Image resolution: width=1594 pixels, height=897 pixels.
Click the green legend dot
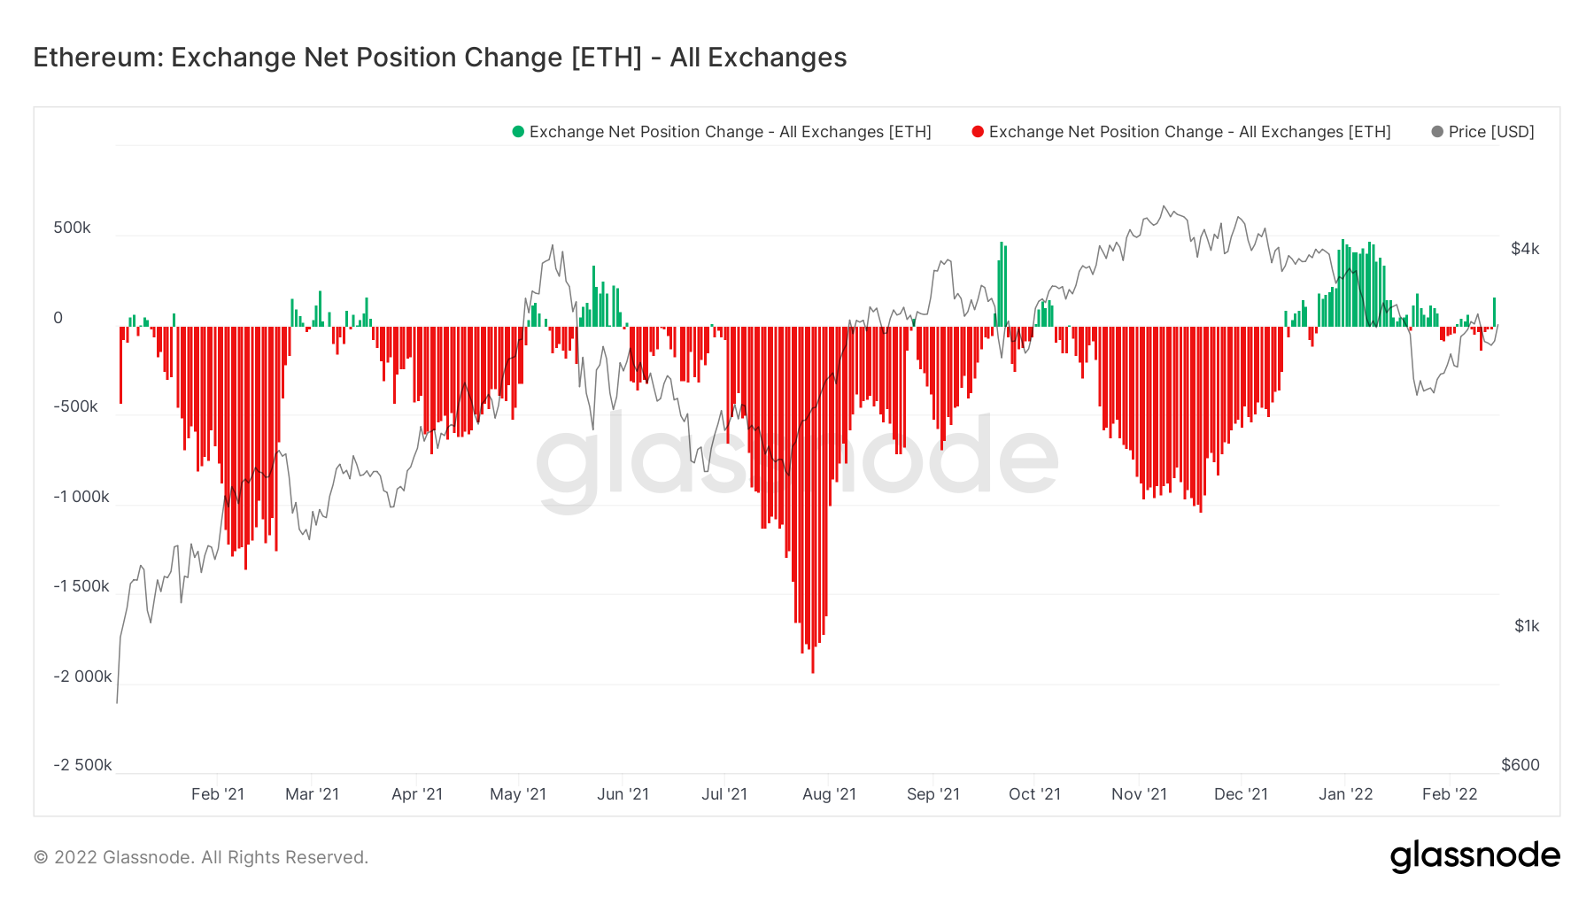pyautogui.click(x=518, y=132)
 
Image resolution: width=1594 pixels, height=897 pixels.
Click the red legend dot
pyautogui.click(x=978, y=132)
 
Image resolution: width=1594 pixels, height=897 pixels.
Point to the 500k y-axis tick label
pyautogui.click(x=72, y=228)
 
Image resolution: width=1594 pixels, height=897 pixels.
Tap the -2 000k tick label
pyautogui.click(x=82, y=677)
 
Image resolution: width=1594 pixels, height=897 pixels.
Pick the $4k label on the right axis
pyautogui.click(x=1525, y=249)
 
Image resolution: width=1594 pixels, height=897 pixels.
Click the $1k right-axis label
pyautogui.click(x=1527, y=626)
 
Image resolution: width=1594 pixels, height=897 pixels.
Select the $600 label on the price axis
pyautogui.click(x=1520, y=765)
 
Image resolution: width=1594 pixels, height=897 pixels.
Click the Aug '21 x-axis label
pyautogui.click(x=829, y=794)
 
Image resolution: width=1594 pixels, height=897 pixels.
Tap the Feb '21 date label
pyautogui.click(x=218, y=794)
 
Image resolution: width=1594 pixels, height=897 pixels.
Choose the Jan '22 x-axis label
pyautogui.click(x=1345, y=794)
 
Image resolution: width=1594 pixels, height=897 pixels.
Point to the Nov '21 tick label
pyautogui.click(x=1139, y=794)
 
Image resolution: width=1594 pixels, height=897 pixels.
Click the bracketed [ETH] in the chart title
pyautogui.click(x=607, y=58)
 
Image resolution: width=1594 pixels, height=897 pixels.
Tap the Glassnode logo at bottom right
pyautogui.click(x=1474, y=856)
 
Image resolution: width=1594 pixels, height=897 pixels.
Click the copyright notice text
pyautogui.click(x=201, y=857)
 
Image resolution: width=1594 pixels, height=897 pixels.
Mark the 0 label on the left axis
pyautogui.click(x=58, y=318)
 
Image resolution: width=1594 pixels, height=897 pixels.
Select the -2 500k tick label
pyautogui.click(x=82, y=765)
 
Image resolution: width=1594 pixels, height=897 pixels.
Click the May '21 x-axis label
pyautogui.click(x=518, y=794)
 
